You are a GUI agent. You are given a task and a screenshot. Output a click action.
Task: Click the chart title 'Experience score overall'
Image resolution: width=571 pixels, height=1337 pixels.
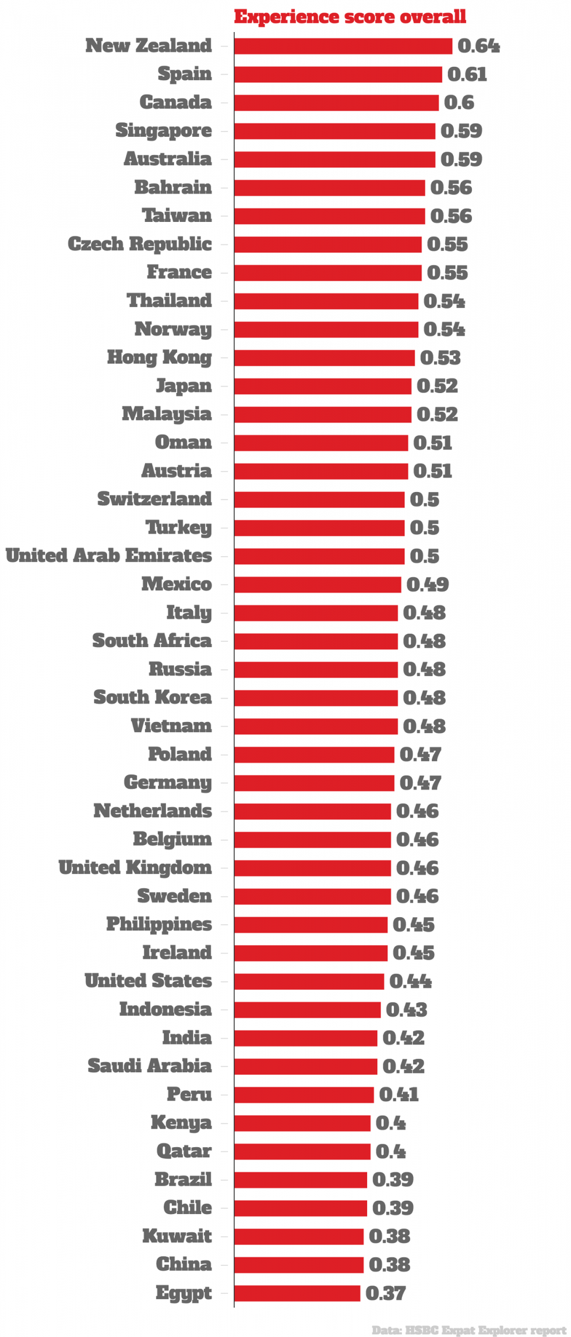click(350, 17)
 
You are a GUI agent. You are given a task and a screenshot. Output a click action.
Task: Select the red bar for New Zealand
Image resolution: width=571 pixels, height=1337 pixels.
click(343, 46)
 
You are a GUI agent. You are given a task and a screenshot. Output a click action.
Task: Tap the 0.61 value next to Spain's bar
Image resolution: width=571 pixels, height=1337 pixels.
click(467, 75)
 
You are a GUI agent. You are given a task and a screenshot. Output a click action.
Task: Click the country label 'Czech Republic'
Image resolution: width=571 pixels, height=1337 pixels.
click(140, 244)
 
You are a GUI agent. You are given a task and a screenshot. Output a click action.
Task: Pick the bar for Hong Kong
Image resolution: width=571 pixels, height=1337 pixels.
click(325, 358)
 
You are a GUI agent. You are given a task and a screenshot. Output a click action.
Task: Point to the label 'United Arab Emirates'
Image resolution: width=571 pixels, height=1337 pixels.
click(109, 556)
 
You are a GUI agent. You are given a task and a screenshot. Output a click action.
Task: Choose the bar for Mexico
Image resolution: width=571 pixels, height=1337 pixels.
click(318, 584)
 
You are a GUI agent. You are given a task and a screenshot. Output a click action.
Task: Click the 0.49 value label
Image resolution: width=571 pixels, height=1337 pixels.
click(427, 584)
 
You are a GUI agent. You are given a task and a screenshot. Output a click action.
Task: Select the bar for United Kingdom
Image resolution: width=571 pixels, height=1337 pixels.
click(312, 868)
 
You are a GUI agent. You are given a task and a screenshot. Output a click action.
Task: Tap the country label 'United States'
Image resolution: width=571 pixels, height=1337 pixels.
click(149, 981)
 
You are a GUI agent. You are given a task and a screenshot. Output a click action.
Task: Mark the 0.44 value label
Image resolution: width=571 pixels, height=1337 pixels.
click(410, 981)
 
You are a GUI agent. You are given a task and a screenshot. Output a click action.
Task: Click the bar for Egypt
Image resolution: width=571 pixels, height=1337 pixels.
click(297, 1293)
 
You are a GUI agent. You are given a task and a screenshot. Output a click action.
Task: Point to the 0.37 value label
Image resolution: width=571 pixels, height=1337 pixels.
click(385, 1293)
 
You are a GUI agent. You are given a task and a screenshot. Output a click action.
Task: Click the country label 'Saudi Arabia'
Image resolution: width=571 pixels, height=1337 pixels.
click(150, 1066)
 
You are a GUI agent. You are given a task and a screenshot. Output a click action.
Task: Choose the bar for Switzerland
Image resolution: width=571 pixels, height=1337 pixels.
click(319, 499)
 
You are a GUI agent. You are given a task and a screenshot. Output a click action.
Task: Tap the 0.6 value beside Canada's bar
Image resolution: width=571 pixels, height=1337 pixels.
click(459, 102)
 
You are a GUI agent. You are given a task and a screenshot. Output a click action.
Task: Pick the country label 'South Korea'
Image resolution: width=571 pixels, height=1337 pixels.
click(153, 697)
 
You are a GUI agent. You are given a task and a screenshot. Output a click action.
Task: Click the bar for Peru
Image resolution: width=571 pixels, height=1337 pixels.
click(304, 1094)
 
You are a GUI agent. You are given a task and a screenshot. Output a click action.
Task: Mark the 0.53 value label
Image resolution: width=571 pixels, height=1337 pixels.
click(440, 358)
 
